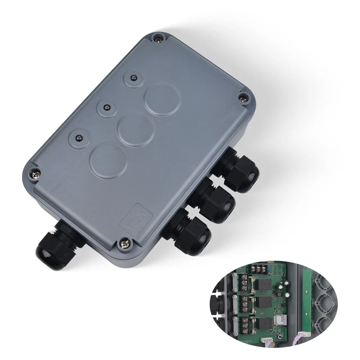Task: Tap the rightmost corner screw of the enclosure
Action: [243, 98]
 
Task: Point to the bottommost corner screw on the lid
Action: [124, 244]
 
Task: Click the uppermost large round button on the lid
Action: [161, 99]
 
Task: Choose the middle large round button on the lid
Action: [133, 129]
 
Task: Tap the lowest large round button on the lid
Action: [106, 160]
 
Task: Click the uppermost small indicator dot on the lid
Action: [133, 78]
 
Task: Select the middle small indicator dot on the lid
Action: [105, 106]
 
